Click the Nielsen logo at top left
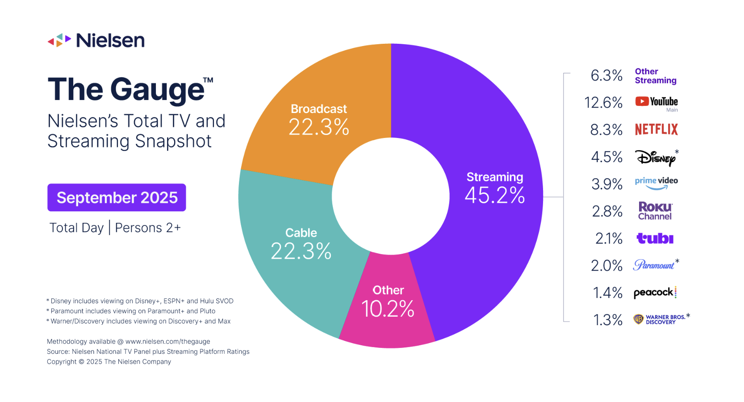(x=96, y=40)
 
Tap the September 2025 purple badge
(x=117, y=197)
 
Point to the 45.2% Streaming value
(x=494, y=195)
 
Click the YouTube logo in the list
(x=656, y=102)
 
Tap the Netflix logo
(x=656, y=130)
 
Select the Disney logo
(x=655, y=158)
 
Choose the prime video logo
(x=656, y=183)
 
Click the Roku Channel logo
(x=655, y=211)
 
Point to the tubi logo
(x=655, y=239)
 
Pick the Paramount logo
(x=654, y=265)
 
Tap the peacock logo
(x=655, y=293)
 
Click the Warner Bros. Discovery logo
(x=660, y=319)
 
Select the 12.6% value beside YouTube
(x=603, y=103)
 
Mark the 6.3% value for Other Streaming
(x=606, y=75)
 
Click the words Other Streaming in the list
(x=655, y=76)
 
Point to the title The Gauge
(x=126, y=89)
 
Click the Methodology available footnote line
(x=128, y=342)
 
